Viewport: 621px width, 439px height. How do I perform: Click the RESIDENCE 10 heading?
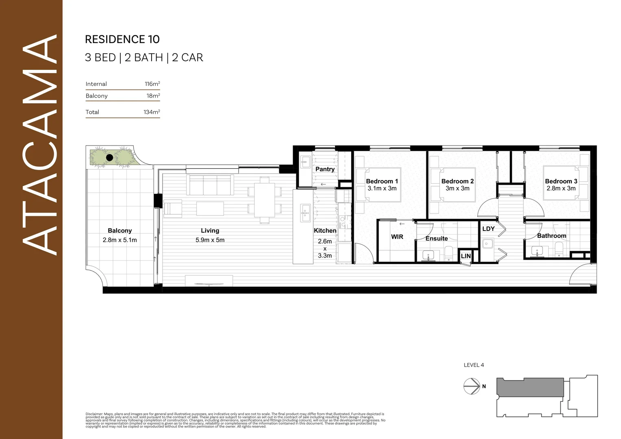tap(122, 39)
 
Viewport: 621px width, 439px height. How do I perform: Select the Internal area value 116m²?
tap(152, 84)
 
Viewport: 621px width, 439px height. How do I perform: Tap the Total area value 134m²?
tap(152, 112)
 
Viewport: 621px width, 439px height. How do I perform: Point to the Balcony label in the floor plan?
tap(119, 230)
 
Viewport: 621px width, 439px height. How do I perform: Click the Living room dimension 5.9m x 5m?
tap(210, 240)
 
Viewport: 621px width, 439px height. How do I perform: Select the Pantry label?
tap(325, 169)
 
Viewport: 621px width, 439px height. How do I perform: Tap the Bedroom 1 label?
tap(382, 181)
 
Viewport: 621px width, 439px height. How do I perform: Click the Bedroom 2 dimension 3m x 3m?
tap(457, 188)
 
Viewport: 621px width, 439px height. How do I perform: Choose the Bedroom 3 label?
tap(561, 181)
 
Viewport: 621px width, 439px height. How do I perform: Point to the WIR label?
tap(397, 237)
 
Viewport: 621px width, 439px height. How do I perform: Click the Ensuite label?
tap(436, 239)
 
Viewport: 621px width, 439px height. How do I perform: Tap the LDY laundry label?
tap(488, 229)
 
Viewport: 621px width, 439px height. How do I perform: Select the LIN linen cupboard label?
tap(466, 256)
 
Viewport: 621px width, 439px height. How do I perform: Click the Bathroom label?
tap(552, 236)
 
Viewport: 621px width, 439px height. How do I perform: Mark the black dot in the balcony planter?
tap(109, 158)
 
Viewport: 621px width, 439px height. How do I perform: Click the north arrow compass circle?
tap(472, 386)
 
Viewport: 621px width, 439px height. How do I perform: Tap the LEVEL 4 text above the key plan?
tap(473, 365)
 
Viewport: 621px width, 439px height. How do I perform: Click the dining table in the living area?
tap(265, 200)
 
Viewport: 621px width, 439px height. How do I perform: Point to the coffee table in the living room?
tap(210, 209)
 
